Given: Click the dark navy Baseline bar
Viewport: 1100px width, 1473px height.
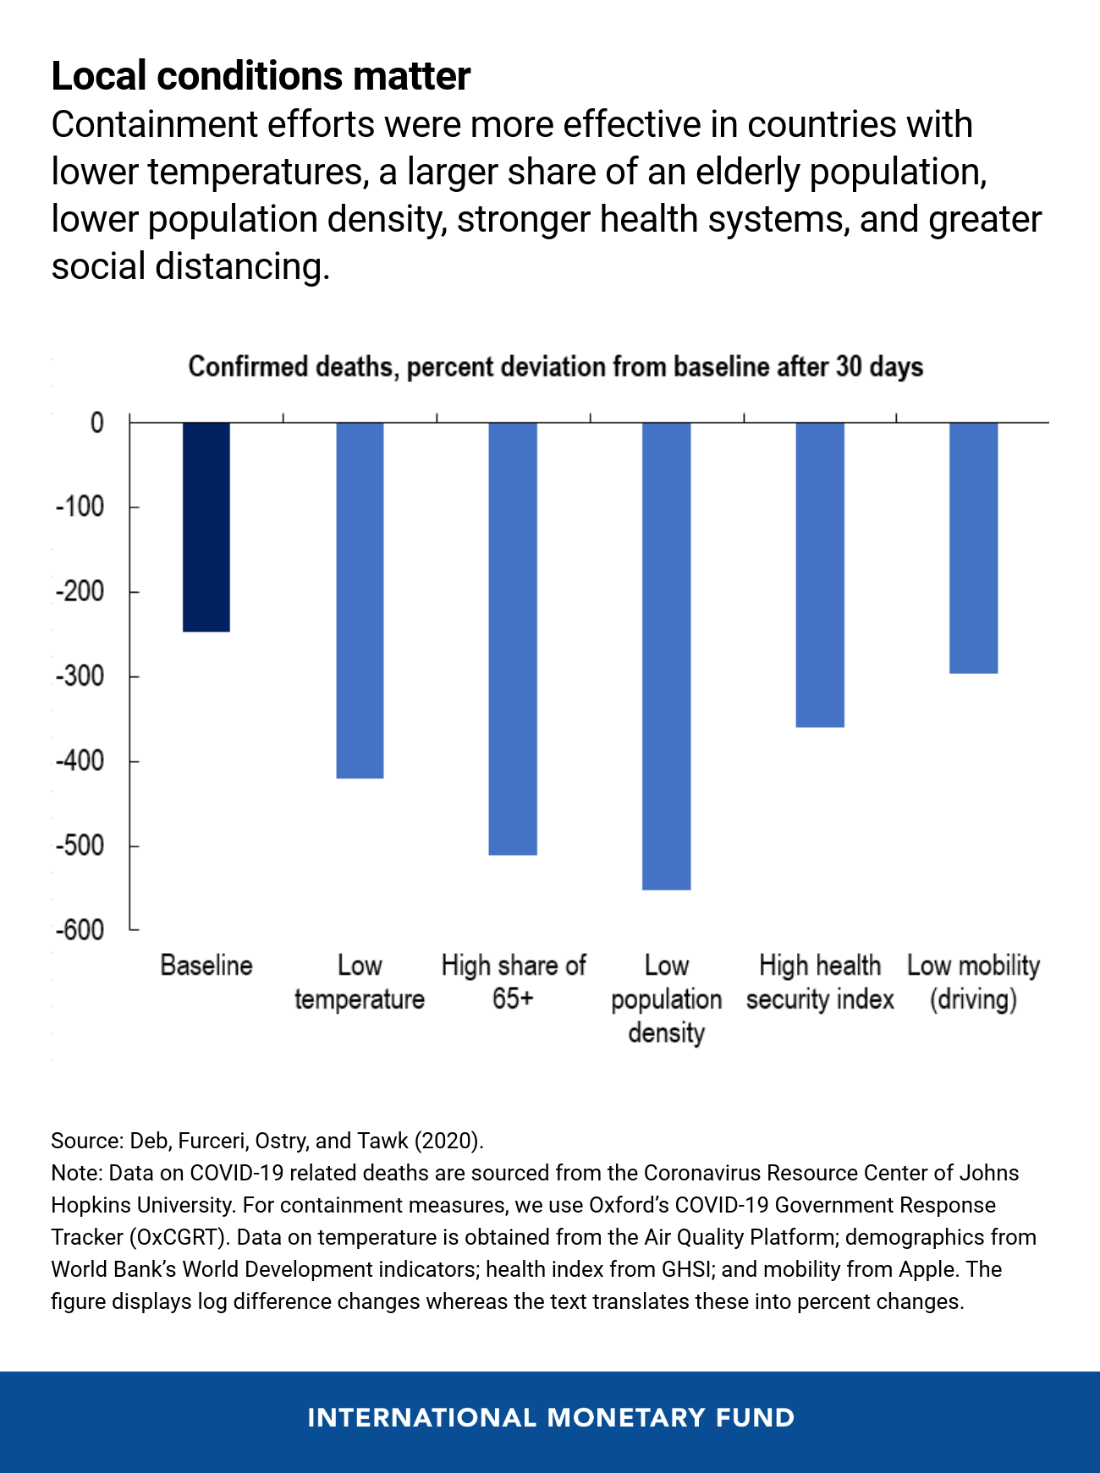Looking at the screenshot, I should coord(206,526).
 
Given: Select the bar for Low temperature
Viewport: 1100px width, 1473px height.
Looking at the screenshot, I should coord(360,600).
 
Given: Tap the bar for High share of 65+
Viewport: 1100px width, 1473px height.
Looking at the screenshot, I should coord(513,638).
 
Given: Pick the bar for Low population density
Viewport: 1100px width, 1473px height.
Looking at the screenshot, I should coord(666,655).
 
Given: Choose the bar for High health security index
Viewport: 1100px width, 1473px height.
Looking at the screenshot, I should coord(820,574).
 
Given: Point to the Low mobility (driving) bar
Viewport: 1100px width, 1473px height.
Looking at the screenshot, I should coord(973,547).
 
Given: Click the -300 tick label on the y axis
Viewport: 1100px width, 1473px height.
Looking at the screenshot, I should coord(80,676).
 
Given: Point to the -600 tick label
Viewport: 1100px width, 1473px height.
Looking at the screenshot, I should coord(80,929).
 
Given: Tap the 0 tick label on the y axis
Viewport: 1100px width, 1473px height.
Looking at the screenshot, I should coord(96,422).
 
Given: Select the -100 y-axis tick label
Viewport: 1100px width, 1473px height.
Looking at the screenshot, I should coord(80,507).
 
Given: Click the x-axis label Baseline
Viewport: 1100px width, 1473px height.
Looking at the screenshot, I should coord(206,966).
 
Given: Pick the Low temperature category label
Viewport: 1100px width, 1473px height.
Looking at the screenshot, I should coord(360,983).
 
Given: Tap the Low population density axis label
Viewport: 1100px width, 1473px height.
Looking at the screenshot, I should coord(666,999).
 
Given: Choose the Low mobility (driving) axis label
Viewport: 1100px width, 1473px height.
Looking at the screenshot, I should coord(973,983).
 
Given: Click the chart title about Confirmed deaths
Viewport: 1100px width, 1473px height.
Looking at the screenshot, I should coord(555,367).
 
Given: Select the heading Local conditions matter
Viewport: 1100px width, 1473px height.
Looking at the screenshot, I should coord(261,76).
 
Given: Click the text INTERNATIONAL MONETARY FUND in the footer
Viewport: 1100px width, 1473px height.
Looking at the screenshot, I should coord(551,1417).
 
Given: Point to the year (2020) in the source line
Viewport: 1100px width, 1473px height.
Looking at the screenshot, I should coord(448,1141).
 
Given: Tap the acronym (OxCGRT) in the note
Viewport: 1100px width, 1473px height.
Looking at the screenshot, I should coord(179,1237).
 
